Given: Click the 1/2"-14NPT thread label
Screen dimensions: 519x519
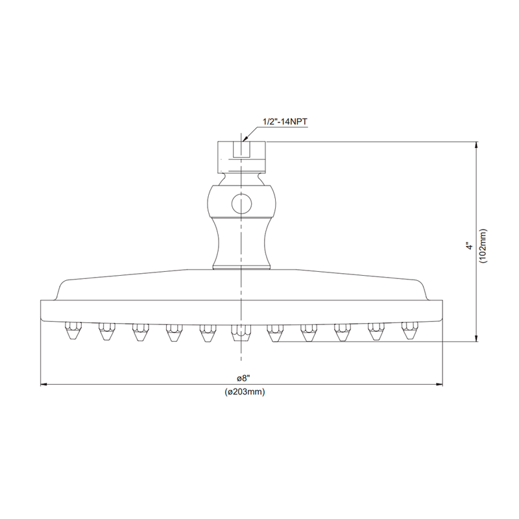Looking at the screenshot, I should tap(284, 121).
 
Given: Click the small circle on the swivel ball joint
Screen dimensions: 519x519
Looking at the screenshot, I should tap(241, 204).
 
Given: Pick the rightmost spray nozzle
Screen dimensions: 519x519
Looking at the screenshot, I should tap(409, 332).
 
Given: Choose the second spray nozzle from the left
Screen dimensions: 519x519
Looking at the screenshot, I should tap(105, 332).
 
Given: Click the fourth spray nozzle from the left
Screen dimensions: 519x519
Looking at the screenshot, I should tap(173, 332).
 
